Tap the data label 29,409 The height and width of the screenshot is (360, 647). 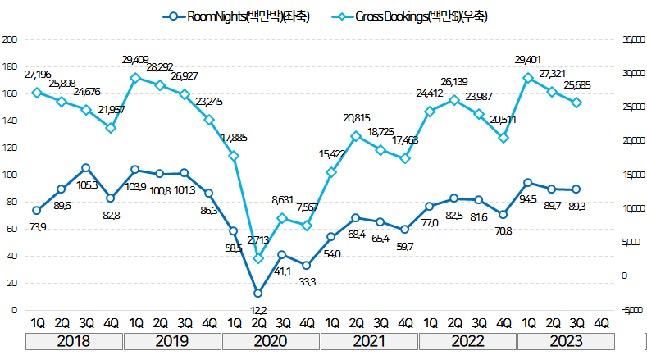click(x=136, y=60)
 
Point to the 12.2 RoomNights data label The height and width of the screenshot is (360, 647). click(x=257, y=309)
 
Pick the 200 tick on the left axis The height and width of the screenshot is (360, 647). click(x=11, y=39)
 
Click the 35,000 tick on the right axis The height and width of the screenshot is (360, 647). click(x=631, y=39)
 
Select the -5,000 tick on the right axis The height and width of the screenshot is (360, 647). click(x=631, y=310)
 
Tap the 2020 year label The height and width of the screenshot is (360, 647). click(x=271, y=340)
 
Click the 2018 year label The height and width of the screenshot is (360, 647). click(x=74, y=340)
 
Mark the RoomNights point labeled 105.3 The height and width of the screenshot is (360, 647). click(x=86, y=168)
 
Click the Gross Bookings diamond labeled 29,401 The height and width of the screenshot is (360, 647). click(x=528, y=78)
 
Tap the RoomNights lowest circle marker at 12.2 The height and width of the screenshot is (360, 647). click(x=258, y=293)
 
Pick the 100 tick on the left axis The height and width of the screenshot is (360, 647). click(x=11, y=175)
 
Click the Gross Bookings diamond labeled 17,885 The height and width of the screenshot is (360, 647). click(x=234, y=156)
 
